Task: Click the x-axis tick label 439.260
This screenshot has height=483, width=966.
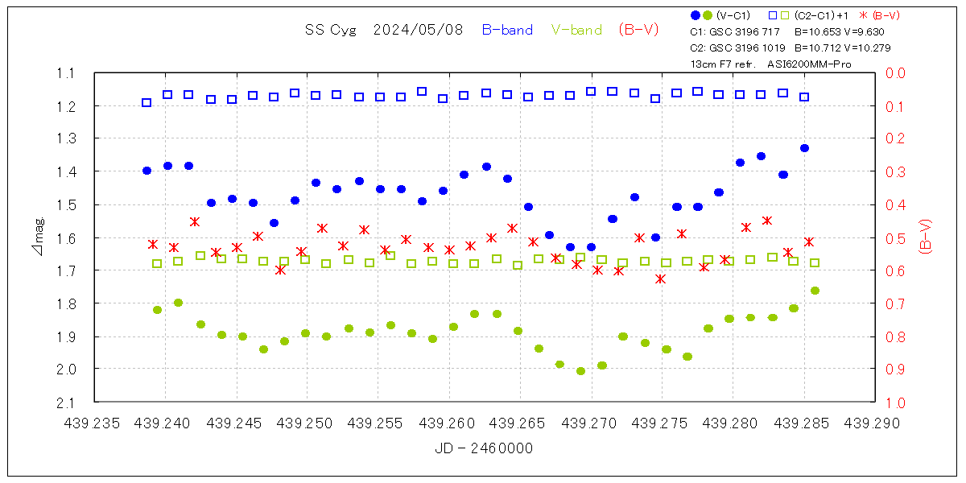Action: click(450, 423)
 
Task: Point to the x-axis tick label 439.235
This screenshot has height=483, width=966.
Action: click(95, 423)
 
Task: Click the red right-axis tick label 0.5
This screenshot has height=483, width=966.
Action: click(896, 237)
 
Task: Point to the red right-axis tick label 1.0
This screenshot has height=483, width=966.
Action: click(896, 402)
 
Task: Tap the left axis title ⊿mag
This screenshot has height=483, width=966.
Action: click(39, 237)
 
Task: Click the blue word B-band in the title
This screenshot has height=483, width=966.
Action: click(507, 30)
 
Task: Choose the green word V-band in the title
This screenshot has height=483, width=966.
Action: click(576, 30)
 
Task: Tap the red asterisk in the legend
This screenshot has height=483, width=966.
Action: click(864, 15)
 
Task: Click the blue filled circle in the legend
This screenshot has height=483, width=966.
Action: click(696, 15)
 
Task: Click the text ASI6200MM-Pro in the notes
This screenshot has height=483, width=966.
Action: click(809, 64)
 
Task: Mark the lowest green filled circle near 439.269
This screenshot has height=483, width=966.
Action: click(580, 371)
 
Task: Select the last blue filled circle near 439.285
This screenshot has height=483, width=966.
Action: click(804, 148)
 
